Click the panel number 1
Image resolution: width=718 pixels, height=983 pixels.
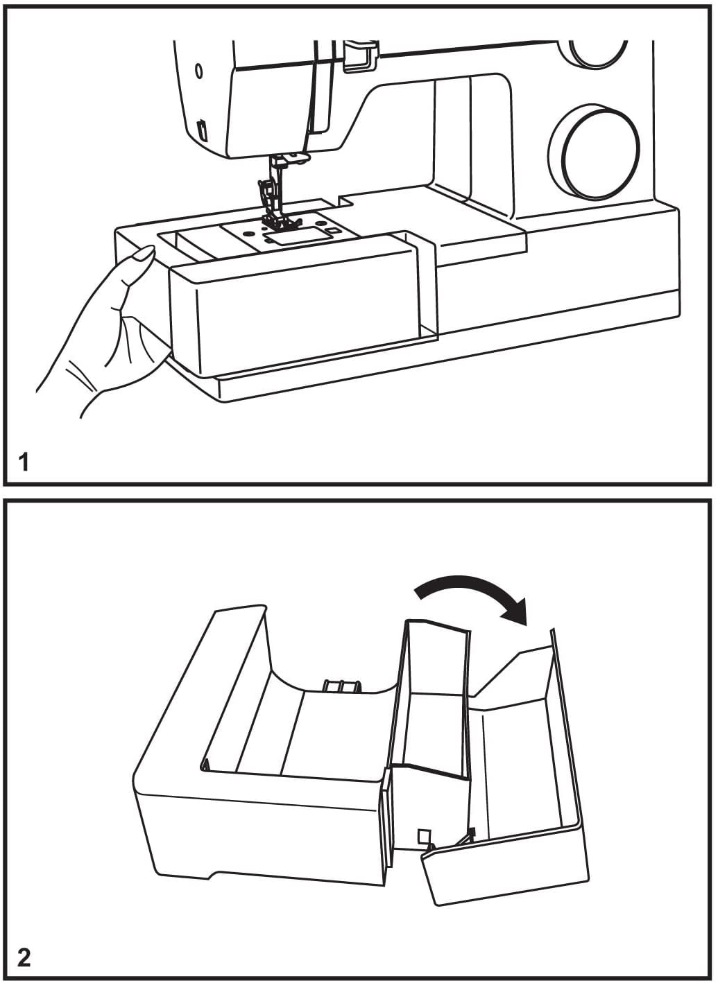coord(24,462)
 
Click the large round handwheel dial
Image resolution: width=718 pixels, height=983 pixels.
coord(594,150)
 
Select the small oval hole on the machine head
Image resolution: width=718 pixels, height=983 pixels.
coord(198,71)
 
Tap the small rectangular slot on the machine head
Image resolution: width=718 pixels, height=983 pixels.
coord(203,130)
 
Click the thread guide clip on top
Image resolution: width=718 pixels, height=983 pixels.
coord(360,55)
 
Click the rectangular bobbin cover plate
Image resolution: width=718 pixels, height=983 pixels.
coord(298,236)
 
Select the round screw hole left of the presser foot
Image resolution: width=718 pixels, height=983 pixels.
coord(248,230)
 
